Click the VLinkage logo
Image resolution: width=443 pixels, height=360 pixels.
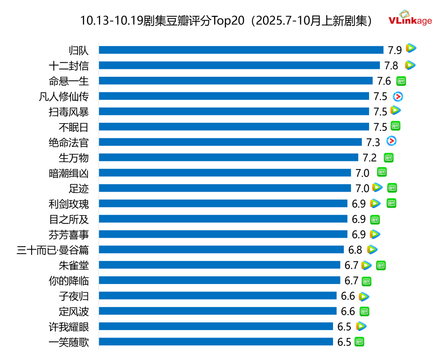pyautogui.click(x=410, y=18)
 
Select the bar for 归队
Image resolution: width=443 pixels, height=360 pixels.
pyautogui.click(x=241, y=50)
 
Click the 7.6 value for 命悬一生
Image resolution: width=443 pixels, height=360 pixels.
pyautogui.click(x=384, y=81)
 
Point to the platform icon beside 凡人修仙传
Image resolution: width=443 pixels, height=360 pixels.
pyautogui.click(x=398, y=96)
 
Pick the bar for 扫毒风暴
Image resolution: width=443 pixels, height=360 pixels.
pyautogui.click(x=234, y=111)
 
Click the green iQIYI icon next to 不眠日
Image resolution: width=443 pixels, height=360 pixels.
pyautogui.click(x=395, y=126)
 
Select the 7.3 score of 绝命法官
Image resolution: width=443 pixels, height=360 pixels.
pyautogui.click(x=373, y=142)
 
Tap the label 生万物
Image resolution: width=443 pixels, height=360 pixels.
pyautogui.click(x=73, y=158)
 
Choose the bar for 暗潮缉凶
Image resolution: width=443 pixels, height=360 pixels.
pyautogui.click(x=225, y=173)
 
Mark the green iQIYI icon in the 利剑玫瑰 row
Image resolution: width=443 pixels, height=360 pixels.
pyautogui.click(x=392, y=203)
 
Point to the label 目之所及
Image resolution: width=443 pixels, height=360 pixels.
pyautogui.click(x=68, y=219)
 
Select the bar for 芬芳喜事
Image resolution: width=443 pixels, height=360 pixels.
pyautogui.click(x=223, y=234)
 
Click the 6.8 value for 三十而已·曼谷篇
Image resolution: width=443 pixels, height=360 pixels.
pyautogui.click(x=355, y=250)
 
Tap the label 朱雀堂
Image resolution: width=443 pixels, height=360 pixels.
pyautogui.click(x=73, y=265)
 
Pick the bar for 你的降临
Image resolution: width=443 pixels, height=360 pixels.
pyautogui.click(x=219, y=280)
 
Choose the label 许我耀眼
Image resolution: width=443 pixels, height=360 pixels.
pyautogui.click(x=68, y=327)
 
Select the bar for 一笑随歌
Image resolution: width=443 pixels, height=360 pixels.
pyautogui.click(x=216, y=342)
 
